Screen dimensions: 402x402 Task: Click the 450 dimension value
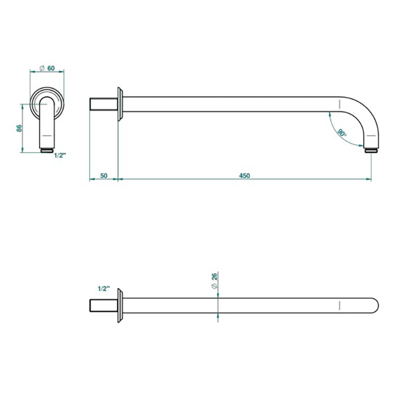pyautogui.click(x=244, y=176)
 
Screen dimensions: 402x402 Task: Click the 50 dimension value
pyautogui.click(x=103, y=176)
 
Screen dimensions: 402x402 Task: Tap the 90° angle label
pyautogui.click(x=342, y=133)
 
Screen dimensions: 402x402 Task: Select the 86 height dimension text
pyautogui.click(x=20, y=128)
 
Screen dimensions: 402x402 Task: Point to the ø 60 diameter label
pyautogui.click(x=48, y=68)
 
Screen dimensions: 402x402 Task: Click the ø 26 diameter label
pyautogui.click(x=214, y=281)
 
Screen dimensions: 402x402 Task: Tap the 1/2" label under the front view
pyautogui.click(x=60, y=156)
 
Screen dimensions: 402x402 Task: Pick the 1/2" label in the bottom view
pyautogui.click(x=103, y=289)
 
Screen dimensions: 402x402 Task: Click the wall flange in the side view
pyautogui.click(x=120, y=104)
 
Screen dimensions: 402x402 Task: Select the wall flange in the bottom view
pyautogui.click(x=120, y=306)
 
